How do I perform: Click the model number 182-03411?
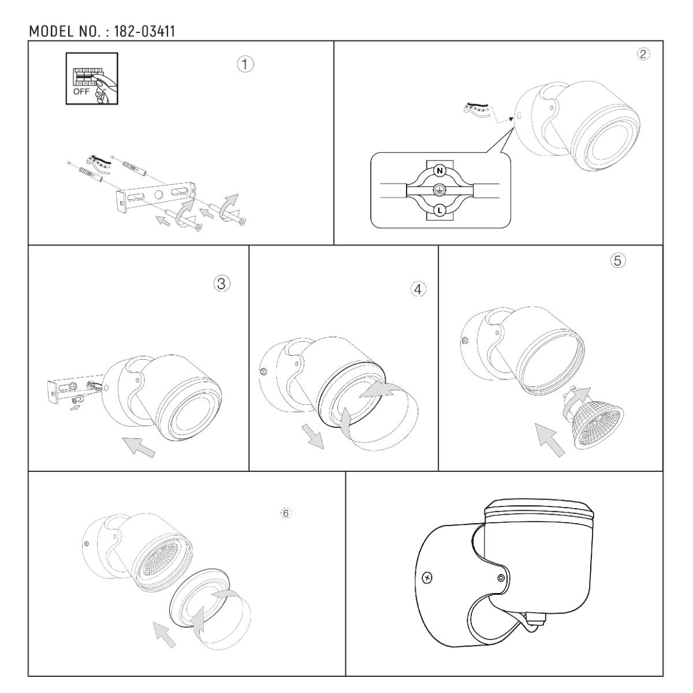click(x=144, y=32)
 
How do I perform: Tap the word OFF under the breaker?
click(x=81, y=91)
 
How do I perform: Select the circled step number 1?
click(x=245, y=65)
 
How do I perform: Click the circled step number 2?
click(x=643, y=54)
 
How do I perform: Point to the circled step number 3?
click(x=222, y=284)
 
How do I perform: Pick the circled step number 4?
click(x=418, y=289)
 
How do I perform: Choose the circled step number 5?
click(x=618, y=260)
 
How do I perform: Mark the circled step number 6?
click(x=286, y=513)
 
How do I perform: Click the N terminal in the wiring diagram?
click(x=439, y=171)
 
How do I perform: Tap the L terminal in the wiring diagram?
click(x=439, y=210)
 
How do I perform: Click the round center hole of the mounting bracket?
click(x=158, y=196)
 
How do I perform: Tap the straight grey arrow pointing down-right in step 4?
click(x=312, y=436)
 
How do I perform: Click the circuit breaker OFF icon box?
click(x=92, y=79)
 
